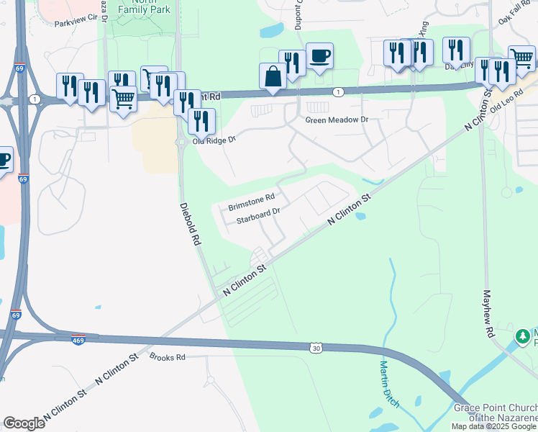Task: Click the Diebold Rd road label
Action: (189, 225)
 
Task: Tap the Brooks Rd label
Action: (168, 357)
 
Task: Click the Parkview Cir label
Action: (76, 23)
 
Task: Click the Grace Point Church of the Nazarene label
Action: (495, 413)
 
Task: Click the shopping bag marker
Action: (273, 76)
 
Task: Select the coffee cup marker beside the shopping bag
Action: (319, 55)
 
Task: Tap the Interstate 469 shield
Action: (78, 340)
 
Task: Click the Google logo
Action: (24, 423)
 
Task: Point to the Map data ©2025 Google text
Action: (493, 426)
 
